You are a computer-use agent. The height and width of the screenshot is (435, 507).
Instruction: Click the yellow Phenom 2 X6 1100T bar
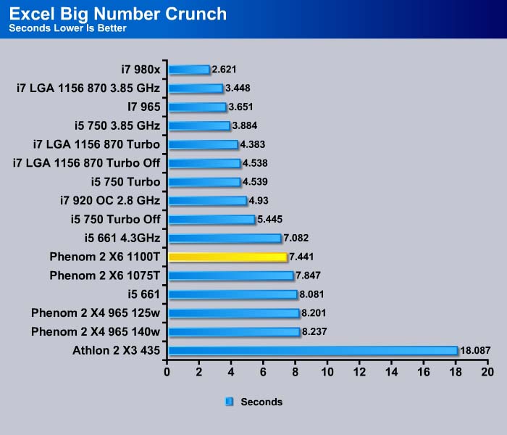tap(227, 257)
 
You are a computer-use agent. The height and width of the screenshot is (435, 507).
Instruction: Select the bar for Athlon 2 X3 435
tap(313, 350)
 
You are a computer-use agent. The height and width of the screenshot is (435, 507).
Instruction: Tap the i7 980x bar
tap(189, 70)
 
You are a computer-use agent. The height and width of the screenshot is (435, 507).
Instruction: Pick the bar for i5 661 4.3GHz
tap(225, 239)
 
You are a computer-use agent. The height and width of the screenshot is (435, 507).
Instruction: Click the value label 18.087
tap(475, 350)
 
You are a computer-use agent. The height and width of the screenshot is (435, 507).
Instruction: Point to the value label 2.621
tap(224, 70)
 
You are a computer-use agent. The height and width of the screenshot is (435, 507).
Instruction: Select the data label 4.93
tap(259, 200)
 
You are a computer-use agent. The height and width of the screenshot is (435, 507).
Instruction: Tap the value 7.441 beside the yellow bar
tap(301, 257)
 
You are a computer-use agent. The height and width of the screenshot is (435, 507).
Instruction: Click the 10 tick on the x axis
tap(327, 372)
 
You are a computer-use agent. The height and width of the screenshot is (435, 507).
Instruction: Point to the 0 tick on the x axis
tap(167, 372)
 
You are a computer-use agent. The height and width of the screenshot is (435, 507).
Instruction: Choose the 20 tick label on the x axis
tap(487, 372)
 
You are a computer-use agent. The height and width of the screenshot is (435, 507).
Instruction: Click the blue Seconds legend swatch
tap(229, 402)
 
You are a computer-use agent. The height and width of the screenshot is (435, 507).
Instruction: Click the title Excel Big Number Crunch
tap(118, 14)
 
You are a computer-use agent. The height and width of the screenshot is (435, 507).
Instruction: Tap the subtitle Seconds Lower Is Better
tap(67, 28)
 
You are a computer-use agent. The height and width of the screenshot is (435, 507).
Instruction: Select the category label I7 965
tap(144, 107)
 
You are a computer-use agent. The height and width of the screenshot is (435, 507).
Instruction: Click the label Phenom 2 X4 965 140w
tap(96, 332)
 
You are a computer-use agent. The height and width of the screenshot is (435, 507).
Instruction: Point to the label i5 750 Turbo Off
tap(116, 220)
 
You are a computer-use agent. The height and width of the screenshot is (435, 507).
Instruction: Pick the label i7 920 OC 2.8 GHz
tap(110, 201)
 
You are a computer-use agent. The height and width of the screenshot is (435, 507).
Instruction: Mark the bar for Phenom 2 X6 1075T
tap(231, 275)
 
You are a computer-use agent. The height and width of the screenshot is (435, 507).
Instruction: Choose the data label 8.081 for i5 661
tap(311, 294)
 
